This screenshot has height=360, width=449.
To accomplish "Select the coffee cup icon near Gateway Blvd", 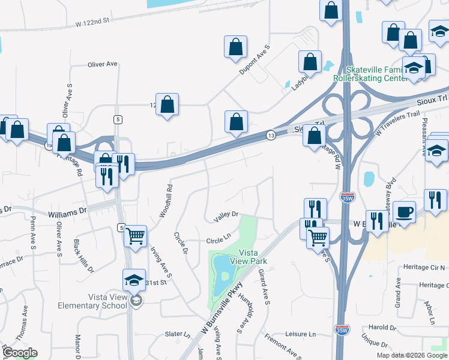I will (x=405, y=211).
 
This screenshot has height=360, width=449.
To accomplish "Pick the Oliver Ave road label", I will (x=103, y=64).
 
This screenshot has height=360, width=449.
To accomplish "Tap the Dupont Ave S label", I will (x=255, y=60).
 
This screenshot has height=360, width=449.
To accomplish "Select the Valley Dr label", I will (x=226, y=214).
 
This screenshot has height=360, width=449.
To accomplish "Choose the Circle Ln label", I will (x=218, y=240).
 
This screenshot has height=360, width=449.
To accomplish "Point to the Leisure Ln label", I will (x=300, y=334).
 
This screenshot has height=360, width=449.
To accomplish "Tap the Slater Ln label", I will (x=177, y=334).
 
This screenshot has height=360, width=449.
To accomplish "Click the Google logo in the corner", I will (x=19, y=352).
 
